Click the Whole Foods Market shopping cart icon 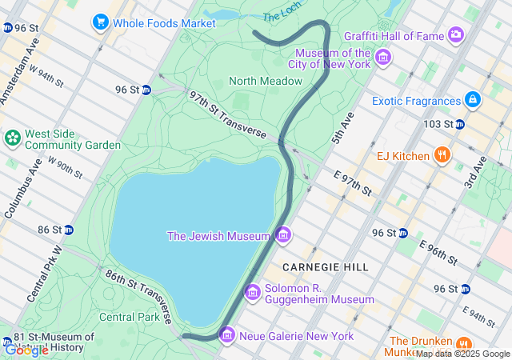100,22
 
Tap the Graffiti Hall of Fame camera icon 456,34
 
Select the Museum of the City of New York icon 382,57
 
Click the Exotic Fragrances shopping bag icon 473,100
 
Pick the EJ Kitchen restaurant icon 441,155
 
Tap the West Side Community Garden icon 13,138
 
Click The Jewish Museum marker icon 282,235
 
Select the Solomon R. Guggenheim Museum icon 253,292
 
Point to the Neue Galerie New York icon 227,334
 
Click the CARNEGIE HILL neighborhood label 325,266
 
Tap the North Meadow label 266,81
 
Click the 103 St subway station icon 459,124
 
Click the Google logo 26,350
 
